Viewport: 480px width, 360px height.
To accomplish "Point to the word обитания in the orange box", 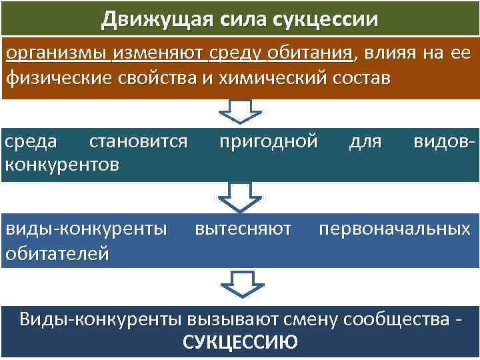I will tap(313, 53).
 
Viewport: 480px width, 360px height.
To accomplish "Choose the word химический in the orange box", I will tap(273, 79).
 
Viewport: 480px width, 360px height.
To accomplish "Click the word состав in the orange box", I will tap(358, 79).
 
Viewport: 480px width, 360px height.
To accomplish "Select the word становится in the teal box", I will tap(138, 142).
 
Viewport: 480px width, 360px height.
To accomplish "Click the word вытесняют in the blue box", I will tap(243, 229).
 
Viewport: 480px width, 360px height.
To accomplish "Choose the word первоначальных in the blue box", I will tap(395, 229).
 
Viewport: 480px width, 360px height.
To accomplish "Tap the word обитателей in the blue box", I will tap(57, 253).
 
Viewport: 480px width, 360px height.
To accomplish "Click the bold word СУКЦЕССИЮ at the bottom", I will tap(240, 343).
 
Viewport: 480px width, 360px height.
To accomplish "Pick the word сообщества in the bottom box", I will tap(395, 319).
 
